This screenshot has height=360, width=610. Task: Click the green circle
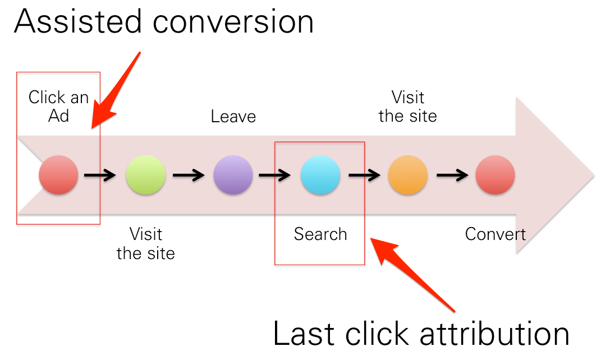pyautogui.click(x=145, y=175)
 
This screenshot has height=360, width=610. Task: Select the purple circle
pyautogui.click(x=233, y=175)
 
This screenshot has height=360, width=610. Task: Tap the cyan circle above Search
pyautogui.click(x=320, y=175)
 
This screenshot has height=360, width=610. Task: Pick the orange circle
pyautogui.click(x=408, y=175)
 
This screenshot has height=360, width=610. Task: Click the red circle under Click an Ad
pyautogui.click(x=58, y=175)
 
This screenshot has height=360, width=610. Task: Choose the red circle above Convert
pyautogui.click(x=495, y=175)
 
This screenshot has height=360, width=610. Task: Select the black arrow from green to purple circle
pyautogui.click(x=189, y=176)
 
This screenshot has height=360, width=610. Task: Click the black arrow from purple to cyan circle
pyautogui.click(x=275, y=176)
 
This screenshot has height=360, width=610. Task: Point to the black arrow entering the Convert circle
pyautogui.click(x=452, y=176)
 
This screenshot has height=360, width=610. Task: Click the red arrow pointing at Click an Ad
pyautogui.click(x=116, y=90)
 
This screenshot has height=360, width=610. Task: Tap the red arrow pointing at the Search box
pyautogui.click(x=412, y=275)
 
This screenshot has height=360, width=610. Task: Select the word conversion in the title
pyautogui.click(x=233, y=22)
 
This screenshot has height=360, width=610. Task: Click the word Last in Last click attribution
pyautogui.click(x=304, y=334)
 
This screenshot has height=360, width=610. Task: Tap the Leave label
pyautogui.click(x=233, y=116)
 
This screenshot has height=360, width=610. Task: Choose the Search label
pyautogui.click(x=320, y=234)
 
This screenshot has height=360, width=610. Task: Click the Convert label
pyautogui.click(x=495, y=234)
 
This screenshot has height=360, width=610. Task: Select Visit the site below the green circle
pyautogui.click(x=145, y=244)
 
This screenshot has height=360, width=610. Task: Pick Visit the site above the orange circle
pyautogui.click(x=408, y=107)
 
